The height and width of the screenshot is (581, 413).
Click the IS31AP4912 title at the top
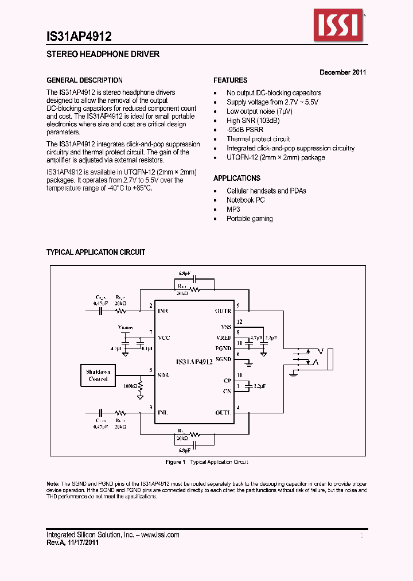click(79, 36)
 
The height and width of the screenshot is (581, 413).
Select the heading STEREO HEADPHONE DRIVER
click(103, 55)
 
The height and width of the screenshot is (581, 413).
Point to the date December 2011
click(342, 72)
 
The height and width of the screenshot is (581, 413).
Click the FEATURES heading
click(231, 80)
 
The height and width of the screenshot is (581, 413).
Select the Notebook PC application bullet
click(246, 200)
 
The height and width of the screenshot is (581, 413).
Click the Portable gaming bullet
click(250, 219)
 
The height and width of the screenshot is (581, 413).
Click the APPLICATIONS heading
click(237, 178)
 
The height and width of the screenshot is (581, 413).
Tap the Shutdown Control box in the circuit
click(98, 375)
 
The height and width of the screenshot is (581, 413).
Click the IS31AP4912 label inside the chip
click(194, 362)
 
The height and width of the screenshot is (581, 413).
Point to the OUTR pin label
click(223, 311)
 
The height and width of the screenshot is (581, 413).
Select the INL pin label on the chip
click(163, 412)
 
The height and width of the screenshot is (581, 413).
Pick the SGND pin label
click(223, 359)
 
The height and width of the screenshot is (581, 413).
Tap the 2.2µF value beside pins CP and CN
click(259, 387)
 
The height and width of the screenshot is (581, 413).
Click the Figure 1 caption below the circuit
click(206, 462)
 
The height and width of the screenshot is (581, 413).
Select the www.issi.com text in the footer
click(159, 534)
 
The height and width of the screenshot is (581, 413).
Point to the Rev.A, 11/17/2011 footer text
click(72, 543)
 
